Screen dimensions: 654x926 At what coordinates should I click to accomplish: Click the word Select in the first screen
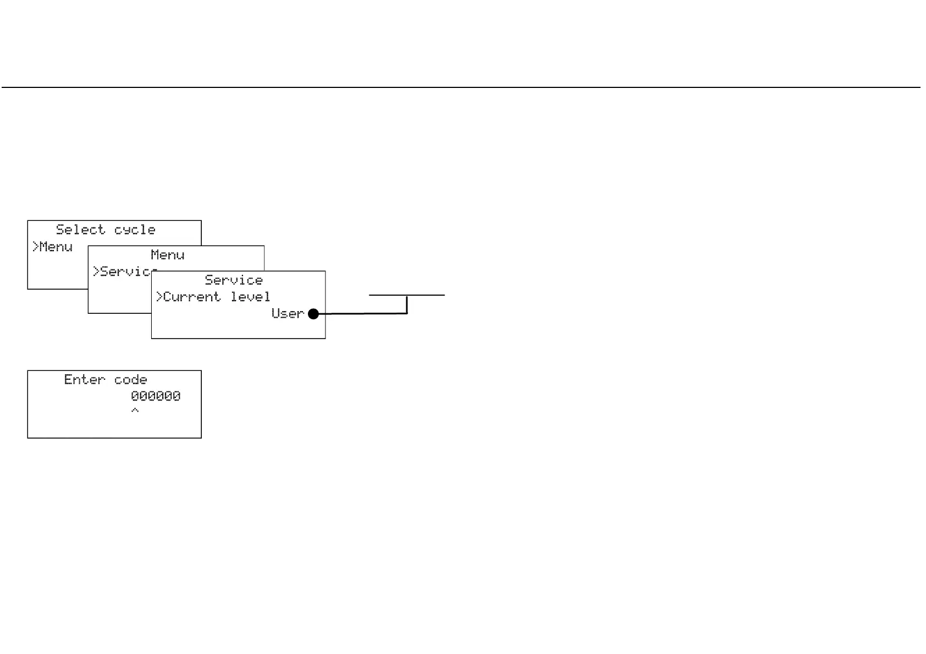click(80, 230)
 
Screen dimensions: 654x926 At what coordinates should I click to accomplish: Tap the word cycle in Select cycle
click(135, 230)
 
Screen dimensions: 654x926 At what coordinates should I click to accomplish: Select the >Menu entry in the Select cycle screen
click(53, 247)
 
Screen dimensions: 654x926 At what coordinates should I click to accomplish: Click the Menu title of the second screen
click(168, 255)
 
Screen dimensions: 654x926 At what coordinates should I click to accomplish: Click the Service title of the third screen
click(234, 280)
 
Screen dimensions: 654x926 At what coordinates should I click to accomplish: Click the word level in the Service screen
click(250, 297)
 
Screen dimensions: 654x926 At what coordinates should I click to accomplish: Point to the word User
click(288, 314)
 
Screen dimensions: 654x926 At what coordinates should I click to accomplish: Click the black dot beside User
click(313, 314)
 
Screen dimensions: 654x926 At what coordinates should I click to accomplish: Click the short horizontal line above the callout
click(406, 295)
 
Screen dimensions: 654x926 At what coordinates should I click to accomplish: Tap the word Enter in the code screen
click(84, 380)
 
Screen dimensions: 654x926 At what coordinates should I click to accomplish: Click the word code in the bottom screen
click(131, 380)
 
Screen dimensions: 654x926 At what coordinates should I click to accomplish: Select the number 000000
click(156, 396)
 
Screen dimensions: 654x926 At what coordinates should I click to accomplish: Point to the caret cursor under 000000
click(135, 411)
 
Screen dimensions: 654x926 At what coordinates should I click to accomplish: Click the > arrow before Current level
click(159, 297)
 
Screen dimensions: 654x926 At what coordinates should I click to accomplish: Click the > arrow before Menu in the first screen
click(35, 247)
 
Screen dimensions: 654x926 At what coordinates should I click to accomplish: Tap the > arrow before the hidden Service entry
click(96, 271)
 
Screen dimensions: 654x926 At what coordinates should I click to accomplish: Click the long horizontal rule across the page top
click(461, 87)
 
